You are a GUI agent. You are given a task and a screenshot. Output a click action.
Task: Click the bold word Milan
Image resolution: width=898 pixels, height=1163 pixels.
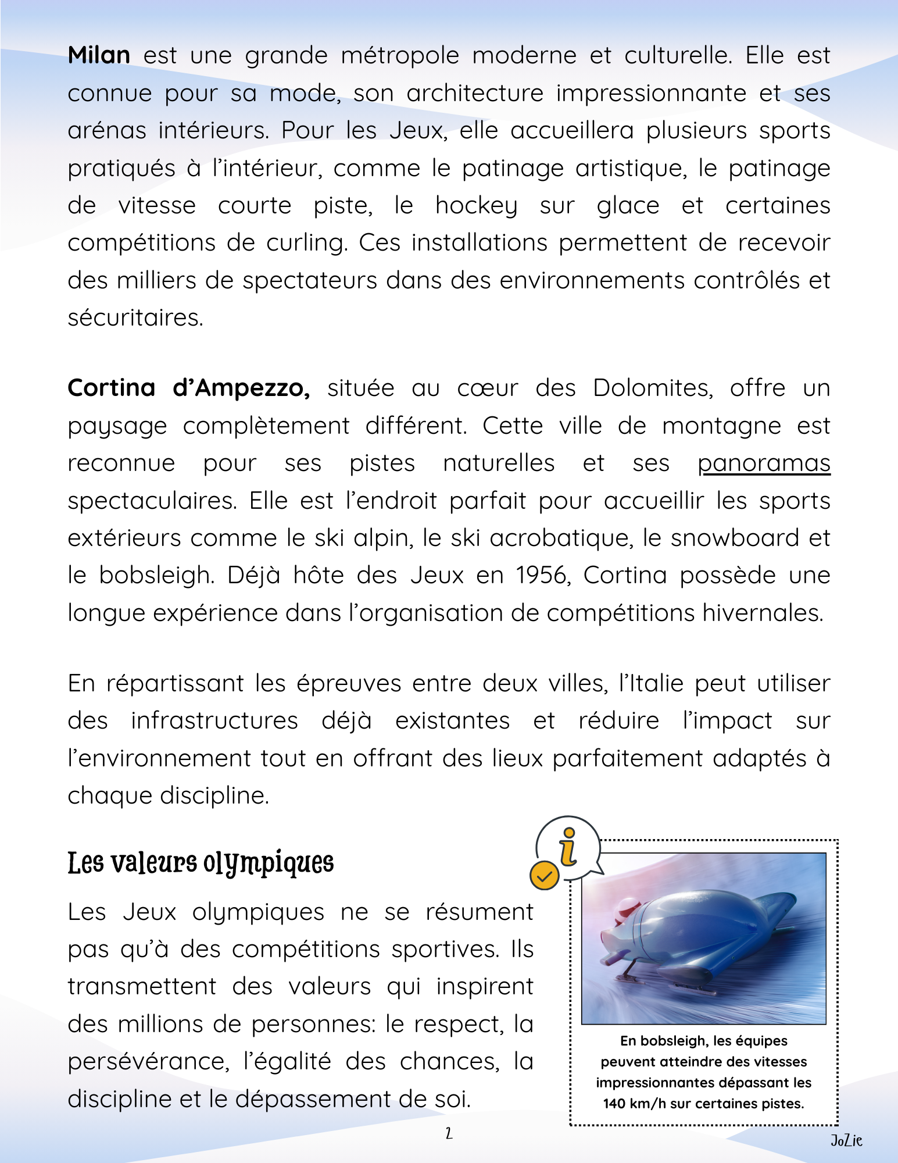click(x=99, y=56)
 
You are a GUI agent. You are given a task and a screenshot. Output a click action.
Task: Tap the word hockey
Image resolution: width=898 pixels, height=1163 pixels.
click(x=476, y=206)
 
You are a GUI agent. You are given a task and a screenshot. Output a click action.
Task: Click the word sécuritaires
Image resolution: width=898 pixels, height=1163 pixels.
click(x=135, y=318)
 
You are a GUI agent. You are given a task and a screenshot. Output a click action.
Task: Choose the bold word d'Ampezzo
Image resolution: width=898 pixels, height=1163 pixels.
click(x=241, y=388)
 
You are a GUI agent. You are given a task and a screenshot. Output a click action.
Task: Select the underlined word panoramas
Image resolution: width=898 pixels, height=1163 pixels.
click(x=764, y=463)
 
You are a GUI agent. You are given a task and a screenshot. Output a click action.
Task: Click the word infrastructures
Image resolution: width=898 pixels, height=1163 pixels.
click(x=214, y=721)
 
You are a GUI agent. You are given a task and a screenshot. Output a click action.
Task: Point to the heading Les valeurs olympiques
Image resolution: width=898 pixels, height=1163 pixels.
click(x=201, y=863)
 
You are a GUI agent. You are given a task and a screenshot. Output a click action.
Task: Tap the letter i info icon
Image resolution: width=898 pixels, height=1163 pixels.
click(x=568, y=847)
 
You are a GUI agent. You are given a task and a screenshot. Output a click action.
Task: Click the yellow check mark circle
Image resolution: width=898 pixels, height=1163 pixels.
click(x=544, y=876)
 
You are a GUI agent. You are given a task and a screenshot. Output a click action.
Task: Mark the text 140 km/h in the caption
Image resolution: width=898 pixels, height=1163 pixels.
click(x=634, y=1104)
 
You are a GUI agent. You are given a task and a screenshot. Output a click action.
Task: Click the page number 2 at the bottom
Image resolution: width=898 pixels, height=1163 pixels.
click(x=449, y=1133)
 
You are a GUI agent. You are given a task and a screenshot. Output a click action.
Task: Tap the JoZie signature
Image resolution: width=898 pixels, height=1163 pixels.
click(x=846, y=1141)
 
